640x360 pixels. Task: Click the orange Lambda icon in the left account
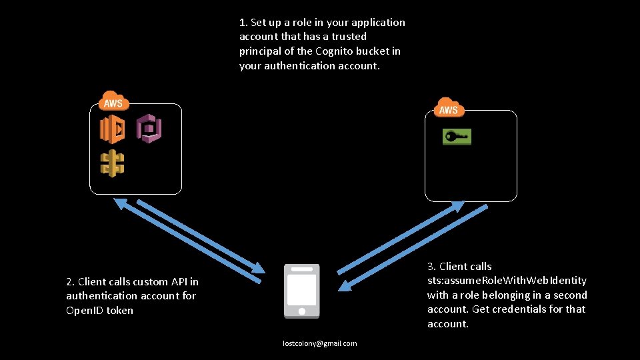coord(112,129)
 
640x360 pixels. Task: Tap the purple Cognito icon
coord(149,127)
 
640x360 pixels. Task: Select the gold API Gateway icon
coord(112,163)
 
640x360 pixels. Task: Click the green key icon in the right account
coord(457,137)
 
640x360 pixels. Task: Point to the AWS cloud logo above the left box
coord(113,101)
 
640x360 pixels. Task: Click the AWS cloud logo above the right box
coord(449,107)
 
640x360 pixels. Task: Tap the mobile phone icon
coord(301,291)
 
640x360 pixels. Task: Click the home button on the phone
coord(301,311)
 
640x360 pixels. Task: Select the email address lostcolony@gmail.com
coord(319,343)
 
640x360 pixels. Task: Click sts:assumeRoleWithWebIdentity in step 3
coord(507,280)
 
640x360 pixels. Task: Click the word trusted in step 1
coord(347,37)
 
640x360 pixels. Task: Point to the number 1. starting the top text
coord(243,22)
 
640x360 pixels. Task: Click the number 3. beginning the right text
coord(431,266)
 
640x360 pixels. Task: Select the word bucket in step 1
coord(378,51)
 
